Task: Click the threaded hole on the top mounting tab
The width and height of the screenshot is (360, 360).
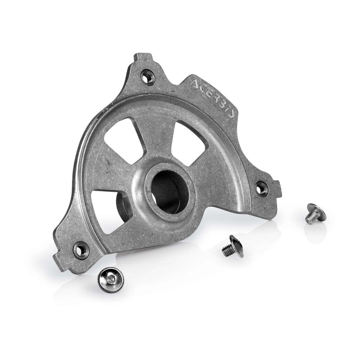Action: pyautogui.click(x=148, y=77)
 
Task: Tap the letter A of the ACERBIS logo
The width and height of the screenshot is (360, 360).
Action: pyautogui.click(x=197, y=85)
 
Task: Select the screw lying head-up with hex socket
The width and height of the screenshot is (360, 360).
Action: pyautogui.click(x=111, y=279)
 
